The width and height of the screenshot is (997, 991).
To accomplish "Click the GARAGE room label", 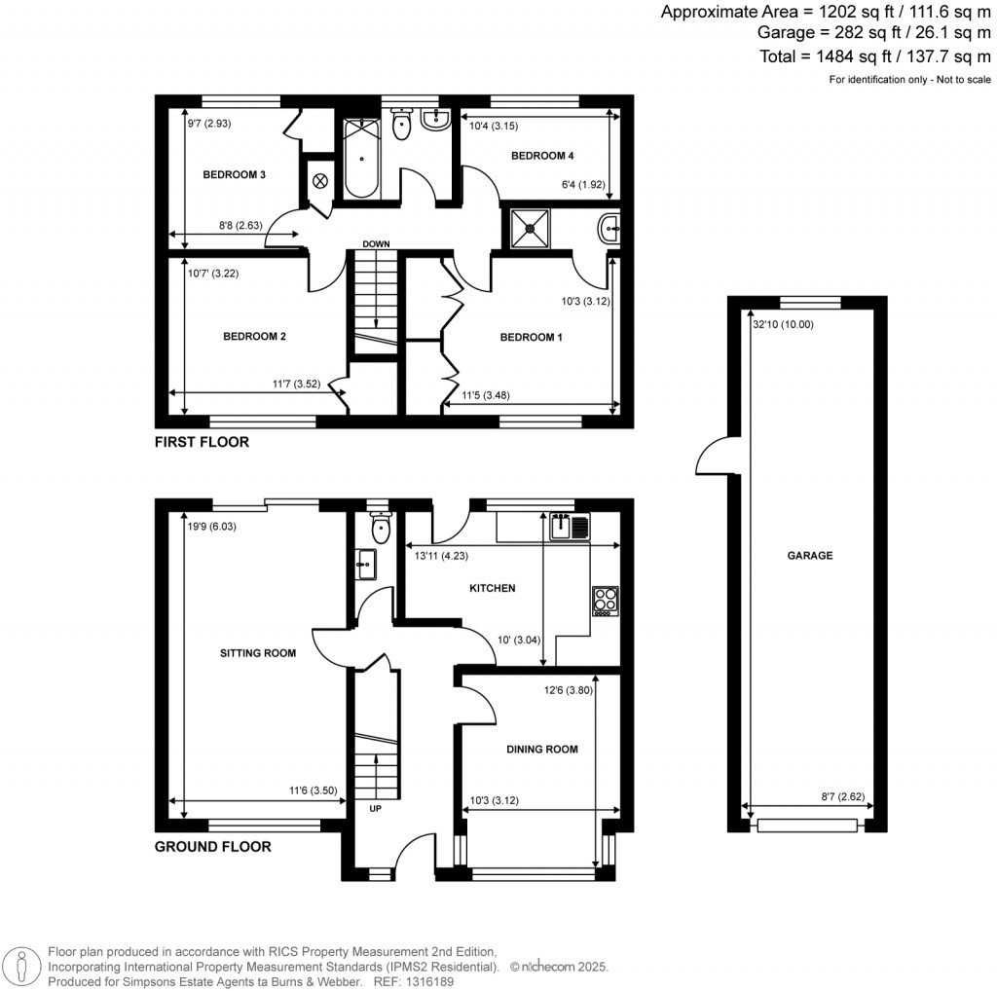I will click(x=810, y=556).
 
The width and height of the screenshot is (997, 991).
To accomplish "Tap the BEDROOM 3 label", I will click(x=235, y=175).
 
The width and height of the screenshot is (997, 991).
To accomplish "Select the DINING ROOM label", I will click(x=542, y=750).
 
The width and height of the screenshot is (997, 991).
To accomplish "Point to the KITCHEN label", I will click(x=493, y=588).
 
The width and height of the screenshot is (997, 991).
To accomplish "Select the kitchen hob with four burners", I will click(x=605, y=601).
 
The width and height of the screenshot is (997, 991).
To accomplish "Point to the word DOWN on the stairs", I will click(x=376, y=243).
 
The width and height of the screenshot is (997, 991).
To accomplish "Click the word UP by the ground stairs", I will click(x=375, y=808).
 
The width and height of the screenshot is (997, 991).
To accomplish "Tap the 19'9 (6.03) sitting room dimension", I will click(x=213, y=527).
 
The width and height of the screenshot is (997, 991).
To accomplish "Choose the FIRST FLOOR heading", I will click(x=202, y=442).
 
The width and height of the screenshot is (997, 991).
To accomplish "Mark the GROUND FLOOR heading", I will click(x=212, y=847).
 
